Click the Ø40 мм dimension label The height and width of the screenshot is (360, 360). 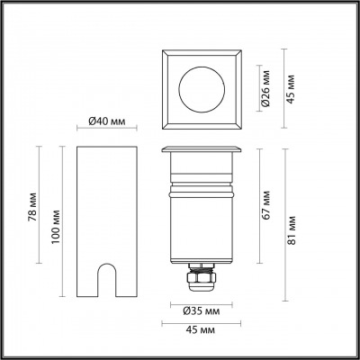point(107,121)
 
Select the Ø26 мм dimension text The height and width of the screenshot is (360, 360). point(265,88)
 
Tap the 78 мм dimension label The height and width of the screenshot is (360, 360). point(32,207)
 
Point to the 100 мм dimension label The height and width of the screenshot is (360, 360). point(56,227)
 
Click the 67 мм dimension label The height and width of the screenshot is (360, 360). point(265,205)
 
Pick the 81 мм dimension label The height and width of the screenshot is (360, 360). point(291,230)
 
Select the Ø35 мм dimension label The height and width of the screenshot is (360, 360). point(202,311)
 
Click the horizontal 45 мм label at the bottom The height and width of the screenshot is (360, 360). point(201,330)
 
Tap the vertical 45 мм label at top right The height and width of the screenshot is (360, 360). point(291,89)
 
